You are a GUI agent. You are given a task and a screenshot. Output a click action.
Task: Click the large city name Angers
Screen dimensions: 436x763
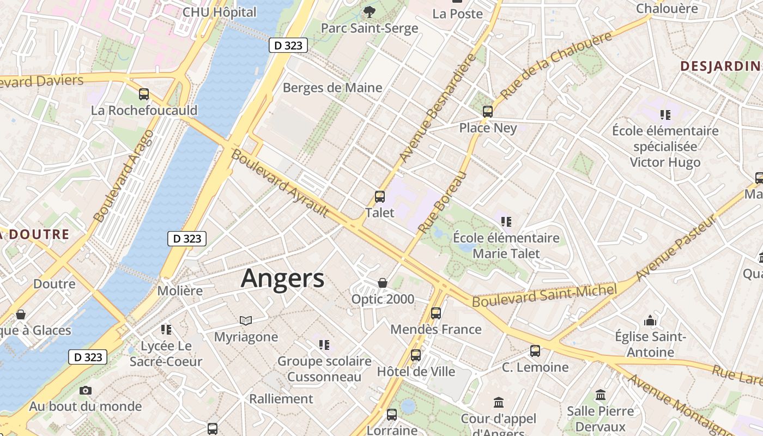click(282, 278)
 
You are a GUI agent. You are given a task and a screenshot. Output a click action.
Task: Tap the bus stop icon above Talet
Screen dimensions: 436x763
click(380, 197)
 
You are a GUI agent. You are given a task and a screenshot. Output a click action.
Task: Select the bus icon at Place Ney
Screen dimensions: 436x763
click(488, 112)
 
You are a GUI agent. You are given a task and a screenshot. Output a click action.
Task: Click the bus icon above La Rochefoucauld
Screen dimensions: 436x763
click(144, 94)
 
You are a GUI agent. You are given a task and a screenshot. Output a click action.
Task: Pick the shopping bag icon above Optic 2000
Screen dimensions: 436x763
click(383, 283)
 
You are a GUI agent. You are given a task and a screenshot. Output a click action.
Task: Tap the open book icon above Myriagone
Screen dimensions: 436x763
click(246, 320)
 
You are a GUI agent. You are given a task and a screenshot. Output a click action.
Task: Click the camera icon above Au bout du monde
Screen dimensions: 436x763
click(86, 390)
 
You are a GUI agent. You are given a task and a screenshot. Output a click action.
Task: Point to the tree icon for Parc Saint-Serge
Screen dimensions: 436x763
click(370, 11)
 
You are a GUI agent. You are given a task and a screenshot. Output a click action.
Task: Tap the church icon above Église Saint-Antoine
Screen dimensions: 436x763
click(650, 320)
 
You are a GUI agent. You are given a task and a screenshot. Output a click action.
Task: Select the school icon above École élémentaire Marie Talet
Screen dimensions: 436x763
click(506, 221)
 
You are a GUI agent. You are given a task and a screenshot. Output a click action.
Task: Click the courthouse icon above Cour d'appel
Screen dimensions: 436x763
click(498, 403)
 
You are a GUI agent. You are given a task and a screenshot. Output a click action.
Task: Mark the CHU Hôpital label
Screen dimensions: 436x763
click(219, 12)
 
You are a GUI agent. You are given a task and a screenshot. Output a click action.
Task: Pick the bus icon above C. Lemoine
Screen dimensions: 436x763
click(535, 351)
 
